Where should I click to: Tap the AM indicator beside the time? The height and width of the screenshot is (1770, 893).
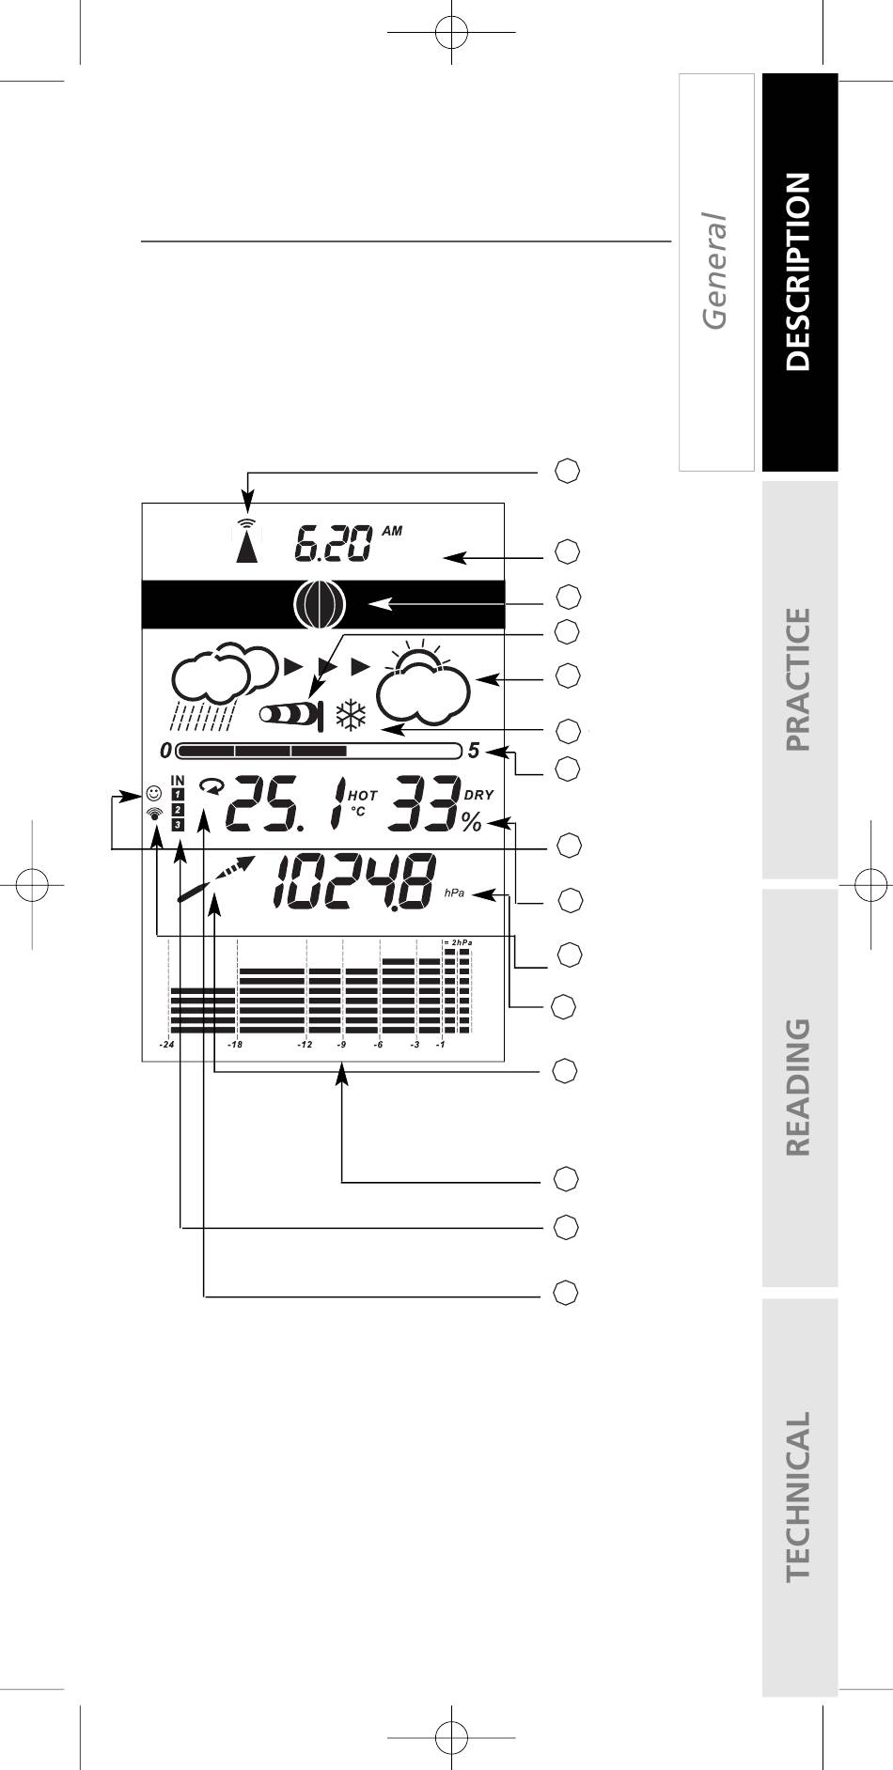click(392, 531)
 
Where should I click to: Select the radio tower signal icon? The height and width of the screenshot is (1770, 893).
click(246, 540)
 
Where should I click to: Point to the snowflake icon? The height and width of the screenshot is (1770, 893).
click(351, 716)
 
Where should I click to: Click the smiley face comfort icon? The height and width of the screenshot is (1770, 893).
click(154, 793)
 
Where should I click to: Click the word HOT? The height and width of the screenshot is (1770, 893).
click(362, 795)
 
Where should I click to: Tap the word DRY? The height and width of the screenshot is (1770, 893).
click(478, 795)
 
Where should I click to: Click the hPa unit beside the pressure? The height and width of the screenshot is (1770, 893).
click(454, 893)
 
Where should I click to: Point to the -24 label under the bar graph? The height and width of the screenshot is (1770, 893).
click(166, 1044)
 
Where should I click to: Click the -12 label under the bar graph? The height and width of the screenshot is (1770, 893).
click(305, 1044)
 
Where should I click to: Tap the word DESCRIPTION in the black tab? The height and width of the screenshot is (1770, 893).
click(797, 272)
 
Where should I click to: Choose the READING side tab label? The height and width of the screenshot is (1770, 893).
click(797, 1087)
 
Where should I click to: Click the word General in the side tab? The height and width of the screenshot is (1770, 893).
click(715, 272)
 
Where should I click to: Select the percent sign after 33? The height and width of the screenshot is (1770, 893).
click(471, 823)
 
